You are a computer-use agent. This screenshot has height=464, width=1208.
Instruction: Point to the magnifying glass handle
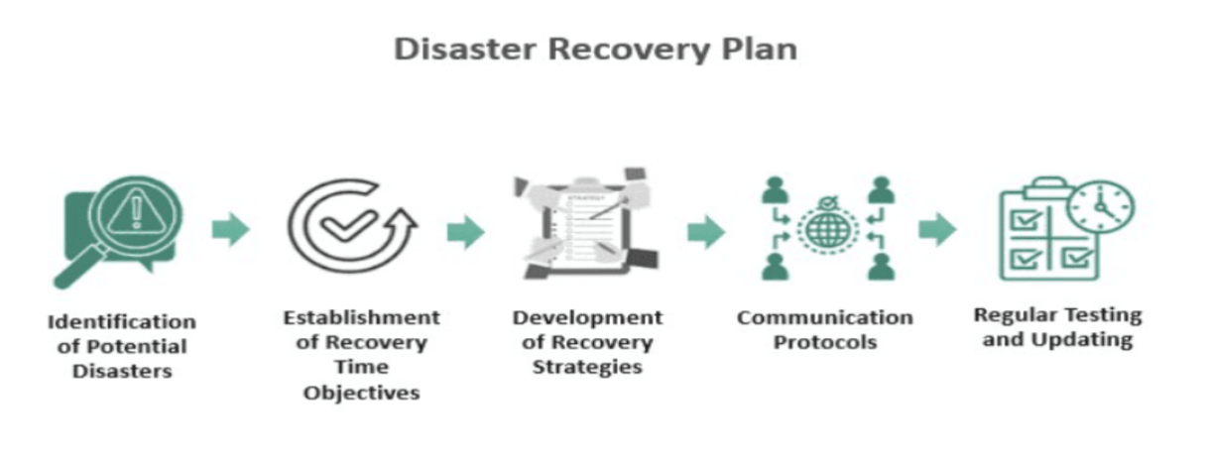point(71,272)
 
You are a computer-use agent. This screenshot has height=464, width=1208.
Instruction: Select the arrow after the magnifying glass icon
point(230,230)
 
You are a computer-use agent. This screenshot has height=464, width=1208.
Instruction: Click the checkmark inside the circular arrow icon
point(347,227)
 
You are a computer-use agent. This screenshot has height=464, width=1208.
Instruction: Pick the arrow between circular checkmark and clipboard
point(465,232)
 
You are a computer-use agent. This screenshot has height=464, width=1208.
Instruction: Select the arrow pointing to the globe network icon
point(705,232)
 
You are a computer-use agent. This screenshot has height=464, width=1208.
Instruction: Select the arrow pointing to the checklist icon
point(936,230)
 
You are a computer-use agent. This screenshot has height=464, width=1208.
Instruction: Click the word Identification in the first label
point(121,322)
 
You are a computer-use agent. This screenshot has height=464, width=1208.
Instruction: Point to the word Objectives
point(362,393)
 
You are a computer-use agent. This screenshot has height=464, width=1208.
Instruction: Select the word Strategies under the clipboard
point(587,367)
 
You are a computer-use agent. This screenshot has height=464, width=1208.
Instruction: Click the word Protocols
point(824,342)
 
